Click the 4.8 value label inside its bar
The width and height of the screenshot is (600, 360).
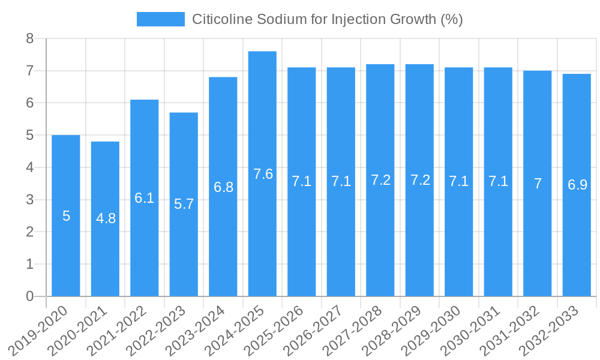[x=106, y=218]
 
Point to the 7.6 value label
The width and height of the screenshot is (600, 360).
[x=263, y=174]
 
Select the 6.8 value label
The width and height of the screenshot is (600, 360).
[x=223, y=187]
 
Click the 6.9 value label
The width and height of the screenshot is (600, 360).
[x=577, y=185]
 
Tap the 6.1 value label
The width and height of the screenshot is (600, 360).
[x=145, y=198]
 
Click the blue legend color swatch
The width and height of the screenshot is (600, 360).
[x=160, y=19]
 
